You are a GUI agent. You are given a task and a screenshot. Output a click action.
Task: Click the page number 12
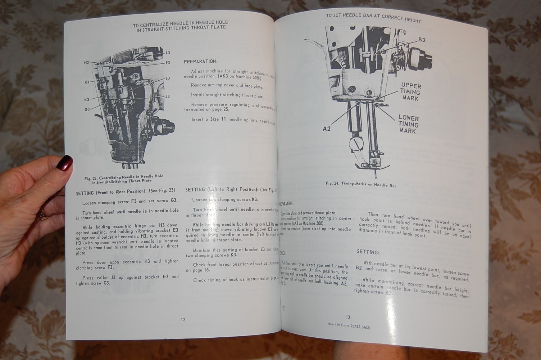(183, 319)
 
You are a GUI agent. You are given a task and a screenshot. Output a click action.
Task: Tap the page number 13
(348, 317)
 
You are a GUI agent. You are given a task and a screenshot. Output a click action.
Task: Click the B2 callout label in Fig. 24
(422, 40)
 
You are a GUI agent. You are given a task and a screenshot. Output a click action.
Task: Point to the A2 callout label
(327, 129)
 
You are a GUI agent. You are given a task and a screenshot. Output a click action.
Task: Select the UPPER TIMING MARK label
(410, 92)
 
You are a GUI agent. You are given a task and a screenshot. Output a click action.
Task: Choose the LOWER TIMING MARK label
(408, 124)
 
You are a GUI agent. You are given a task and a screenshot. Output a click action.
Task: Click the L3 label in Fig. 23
(168, 53)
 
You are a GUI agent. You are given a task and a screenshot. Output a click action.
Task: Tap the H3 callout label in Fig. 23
(86, 63)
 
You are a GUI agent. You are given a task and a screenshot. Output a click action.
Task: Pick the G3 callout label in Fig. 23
(87, 109)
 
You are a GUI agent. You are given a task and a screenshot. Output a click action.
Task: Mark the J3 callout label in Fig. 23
(168, 96)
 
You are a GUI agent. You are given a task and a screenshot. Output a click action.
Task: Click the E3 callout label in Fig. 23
(168, 78)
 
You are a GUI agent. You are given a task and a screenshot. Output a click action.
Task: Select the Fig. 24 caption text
(360, 184)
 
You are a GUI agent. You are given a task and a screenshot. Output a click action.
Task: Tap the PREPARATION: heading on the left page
(200, 62)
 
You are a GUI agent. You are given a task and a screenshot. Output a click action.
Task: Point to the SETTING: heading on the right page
(368, 252)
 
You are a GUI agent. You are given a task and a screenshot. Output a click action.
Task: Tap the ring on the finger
(42, 215)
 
